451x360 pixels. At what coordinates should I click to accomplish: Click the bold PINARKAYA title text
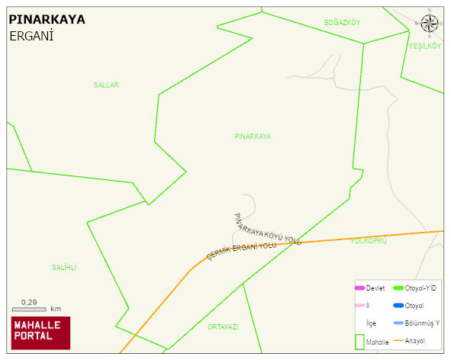(47, 19)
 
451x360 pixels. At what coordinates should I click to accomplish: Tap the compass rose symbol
(430, 23)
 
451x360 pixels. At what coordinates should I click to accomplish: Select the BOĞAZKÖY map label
(342, 22)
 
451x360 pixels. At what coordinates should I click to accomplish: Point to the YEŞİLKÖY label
(425, 47)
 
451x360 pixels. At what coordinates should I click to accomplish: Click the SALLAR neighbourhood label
(106, 85)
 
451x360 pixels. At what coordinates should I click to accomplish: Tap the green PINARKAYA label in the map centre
(253, 136)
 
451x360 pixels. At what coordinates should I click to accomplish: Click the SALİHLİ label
(64, 267)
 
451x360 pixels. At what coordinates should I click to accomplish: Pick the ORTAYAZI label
(223, 326)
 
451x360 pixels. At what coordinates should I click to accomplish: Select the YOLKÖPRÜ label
(369, 241)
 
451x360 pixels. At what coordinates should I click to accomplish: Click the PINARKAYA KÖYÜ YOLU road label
(268, 229)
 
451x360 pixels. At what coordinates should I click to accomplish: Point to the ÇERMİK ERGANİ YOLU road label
(241, 251)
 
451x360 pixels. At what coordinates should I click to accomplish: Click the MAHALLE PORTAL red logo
(40, 333)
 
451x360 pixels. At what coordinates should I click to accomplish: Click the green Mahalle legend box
(360, 341)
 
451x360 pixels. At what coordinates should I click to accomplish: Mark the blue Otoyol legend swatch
(398, 305)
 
